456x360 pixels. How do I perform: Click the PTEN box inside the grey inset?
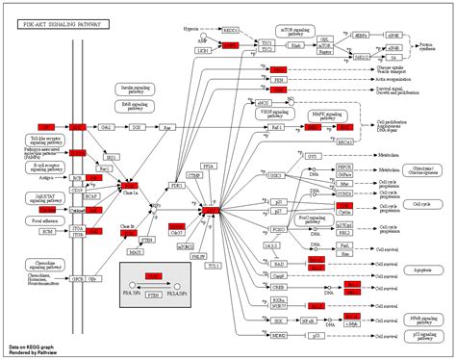[150, 298]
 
